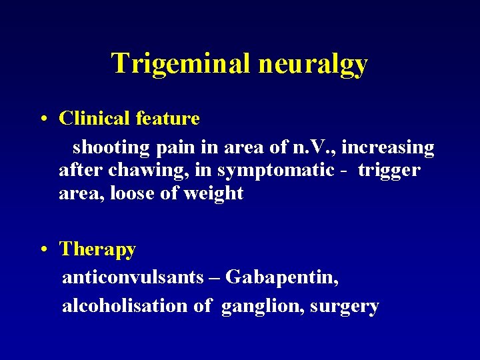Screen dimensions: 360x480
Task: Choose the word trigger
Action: [389, 171]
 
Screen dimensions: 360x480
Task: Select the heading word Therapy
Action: [97, 250]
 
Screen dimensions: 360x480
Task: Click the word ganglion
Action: [262, 307]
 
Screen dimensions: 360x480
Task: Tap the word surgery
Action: [345, 307]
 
